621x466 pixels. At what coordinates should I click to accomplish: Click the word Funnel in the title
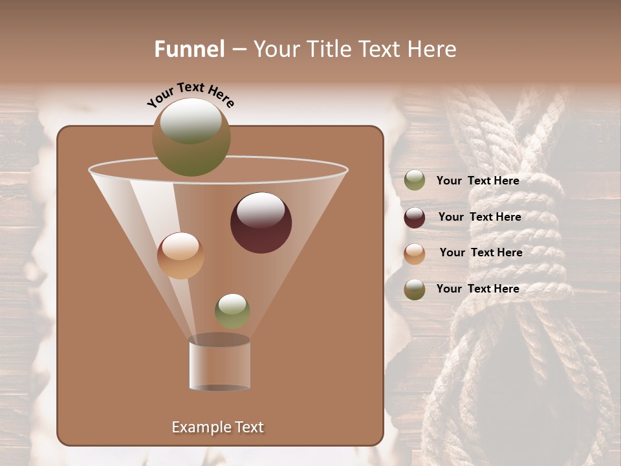(x=190, y=49)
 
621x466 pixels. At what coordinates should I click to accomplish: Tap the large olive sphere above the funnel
(x=191, y=137)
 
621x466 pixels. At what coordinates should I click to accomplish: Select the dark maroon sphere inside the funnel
(x=261, y=222)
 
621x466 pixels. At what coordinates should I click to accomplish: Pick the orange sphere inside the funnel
(x=180, y=256)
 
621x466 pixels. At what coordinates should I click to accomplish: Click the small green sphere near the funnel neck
(x=232, y=311)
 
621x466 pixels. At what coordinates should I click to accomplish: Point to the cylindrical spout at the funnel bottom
(x=220, y=365)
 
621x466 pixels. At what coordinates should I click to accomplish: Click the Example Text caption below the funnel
(x=217, y=427)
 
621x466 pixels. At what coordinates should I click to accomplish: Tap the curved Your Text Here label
(x=191, y=94)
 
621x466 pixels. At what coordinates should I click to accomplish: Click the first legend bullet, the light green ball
(x=415, y=181)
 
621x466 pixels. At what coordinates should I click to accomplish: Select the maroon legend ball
(x=415, y=217)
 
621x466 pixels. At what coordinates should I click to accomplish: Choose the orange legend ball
(x=415, y=253)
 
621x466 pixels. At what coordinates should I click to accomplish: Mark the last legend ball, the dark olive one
(x=415, y=289)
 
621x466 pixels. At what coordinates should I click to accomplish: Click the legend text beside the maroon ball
(x=479, y=217)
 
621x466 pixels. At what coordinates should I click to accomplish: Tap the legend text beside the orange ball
(x=481, y=252)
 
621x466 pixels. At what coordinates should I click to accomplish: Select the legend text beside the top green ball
(x=477, y=181)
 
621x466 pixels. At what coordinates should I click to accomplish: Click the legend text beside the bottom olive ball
(x=477, y=289)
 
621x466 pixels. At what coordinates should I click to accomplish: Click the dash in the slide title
(x=238, y=50)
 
